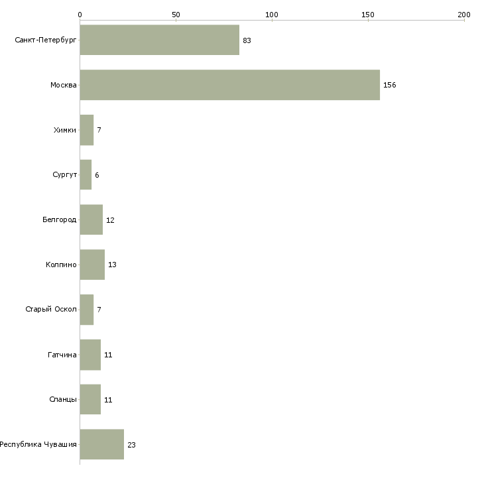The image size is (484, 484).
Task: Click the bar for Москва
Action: [x=230, y=85]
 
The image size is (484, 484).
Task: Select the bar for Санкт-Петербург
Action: [x=160, y=40]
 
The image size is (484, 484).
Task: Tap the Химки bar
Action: [x=87, y=130]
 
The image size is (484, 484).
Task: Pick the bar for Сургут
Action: [x=86, y=175]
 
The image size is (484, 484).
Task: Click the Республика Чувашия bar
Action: [x=102, y=444]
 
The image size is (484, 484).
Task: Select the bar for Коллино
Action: [x=92, y=265]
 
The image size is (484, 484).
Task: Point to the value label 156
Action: [x=390, y=85]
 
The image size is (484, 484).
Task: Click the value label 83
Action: [x=247, y=40]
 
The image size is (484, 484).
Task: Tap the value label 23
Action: [x=131, y=445]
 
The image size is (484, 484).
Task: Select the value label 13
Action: [x=112, y=265]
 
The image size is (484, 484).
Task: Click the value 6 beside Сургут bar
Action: [x=97, y=175]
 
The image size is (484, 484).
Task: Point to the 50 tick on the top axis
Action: [x=176, y=15]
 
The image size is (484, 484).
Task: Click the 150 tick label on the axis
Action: [x=368, y=15]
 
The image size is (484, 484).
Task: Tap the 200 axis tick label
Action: [x=464, y=15]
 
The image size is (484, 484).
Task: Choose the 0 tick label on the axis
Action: [x=80, y=15]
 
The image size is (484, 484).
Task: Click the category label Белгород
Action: [x=59, y=219]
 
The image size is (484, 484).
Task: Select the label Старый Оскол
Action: [x=51, y=309]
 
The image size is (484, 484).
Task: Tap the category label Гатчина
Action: [x=62, y=355]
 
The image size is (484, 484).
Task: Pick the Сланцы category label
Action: [x=63, y=399]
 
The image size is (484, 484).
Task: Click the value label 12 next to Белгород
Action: [x=110, y=220]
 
